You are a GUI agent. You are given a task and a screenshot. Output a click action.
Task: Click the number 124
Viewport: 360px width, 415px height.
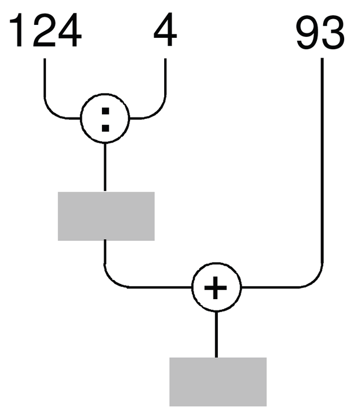point(45,30)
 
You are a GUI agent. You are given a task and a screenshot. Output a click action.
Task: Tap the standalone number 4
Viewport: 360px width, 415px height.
point(165,29)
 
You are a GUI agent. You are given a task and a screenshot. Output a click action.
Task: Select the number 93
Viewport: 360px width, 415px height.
point(320,33)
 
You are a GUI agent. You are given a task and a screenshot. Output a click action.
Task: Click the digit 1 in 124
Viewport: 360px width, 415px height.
point(16,30)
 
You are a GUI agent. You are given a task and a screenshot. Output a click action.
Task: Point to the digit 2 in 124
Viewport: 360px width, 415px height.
point(45,30)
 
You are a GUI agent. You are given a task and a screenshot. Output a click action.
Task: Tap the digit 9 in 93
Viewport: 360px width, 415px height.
point(307,33)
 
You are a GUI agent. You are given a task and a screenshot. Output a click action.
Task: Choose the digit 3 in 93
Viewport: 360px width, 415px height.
point(333,33)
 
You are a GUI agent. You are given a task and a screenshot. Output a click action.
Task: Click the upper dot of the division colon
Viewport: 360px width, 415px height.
point(105,111)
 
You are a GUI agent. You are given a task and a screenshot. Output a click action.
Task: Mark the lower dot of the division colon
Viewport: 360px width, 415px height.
point(105,128)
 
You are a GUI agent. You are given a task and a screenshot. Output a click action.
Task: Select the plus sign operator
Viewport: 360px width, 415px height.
point(215,287)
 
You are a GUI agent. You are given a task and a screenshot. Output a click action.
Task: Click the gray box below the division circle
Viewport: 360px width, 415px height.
point(106,216)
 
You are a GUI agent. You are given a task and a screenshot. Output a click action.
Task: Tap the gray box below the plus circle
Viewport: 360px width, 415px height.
point(218,382)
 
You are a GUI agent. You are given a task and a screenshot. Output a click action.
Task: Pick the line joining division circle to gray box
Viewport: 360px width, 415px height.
point(105,167)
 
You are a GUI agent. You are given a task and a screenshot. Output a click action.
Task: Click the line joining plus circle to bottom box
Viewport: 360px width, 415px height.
point(216,335)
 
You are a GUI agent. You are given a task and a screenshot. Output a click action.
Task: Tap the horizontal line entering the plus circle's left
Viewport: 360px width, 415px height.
point(159,287)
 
